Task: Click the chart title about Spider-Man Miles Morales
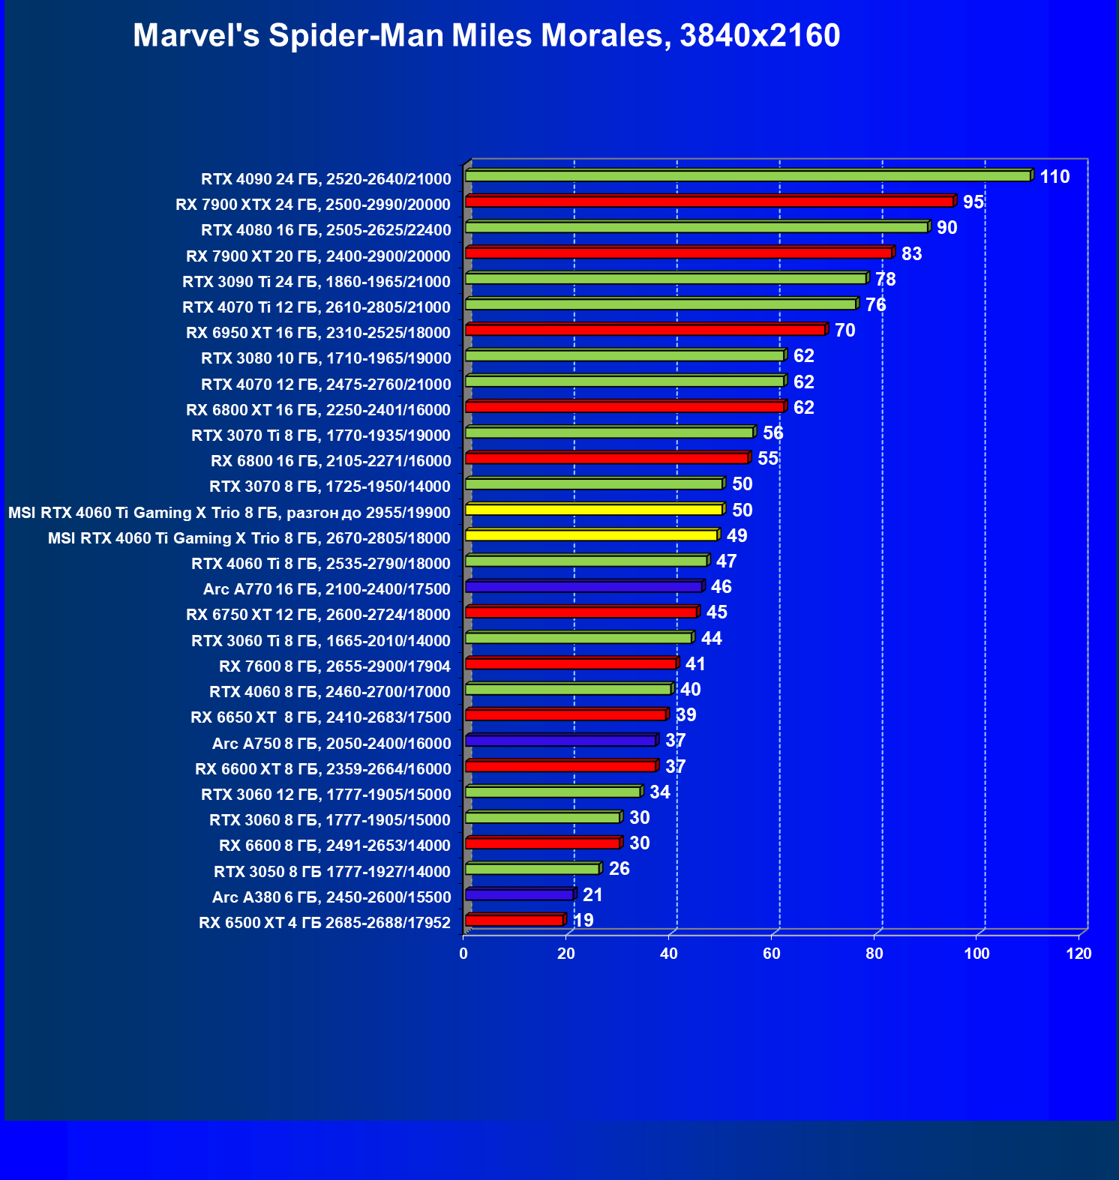click(486, 36)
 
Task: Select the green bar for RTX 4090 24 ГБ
click(748, 176)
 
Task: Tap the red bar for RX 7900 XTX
click(709, 202)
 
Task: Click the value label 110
click(1054, 177)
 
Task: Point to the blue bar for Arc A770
click(583, 586)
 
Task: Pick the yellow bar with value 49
click(591, 535)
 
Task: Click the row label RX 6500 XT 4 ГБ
click(324, 923)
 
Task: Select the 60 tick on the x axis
click(772, 954)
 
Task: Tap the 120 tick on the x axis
click(1079, 954)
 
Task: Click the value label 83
click(911, 254)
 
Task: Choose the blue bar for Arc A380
click(519, 894)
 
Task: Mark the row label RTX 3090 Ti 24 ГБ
click(316, 282)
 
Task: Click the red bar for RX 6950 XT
click(645, 330)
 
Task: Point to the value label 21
click(592, 895)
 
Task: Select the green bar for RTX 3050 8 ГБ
click(532, 869)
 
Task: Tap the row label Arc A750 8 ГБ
click(331, 744)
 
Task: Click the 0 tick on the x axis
click(463, 954)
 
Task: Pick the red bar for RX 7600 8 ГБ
click(571, 663)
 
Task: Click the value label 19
click(583, 921)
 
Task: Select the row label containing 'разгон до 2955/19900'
click(229, 513)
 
